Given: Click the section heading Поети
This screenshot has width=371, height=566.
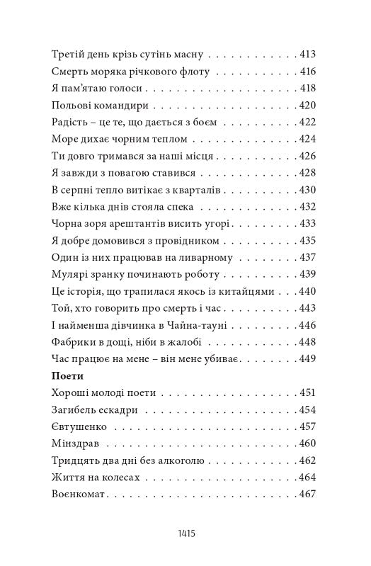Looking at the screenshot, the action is [68, 375].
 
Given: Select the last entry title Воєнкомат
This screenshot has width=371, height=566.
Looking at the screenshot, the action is [79, 495].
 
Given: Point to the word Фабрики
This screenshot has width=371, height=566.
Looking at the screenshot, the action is [75, 342].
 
